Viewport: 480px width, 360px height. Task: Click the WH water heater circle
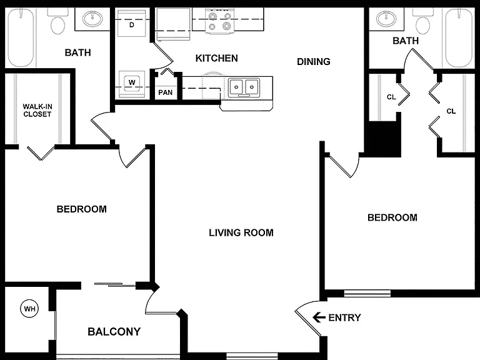30,309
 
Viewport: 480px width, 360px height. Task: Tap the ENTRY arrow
319,317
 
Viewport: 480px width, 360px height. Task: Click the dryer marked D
132,22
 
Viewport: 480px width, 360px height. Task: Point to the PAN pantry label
165,92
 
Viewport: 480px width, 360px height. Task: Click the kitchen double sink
244,87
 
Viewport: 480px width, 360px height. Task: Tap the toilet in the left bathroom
58,21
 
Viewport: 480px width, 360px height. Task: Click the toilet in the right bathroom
422,21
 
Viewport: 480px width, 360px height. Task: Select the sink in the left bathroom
92,19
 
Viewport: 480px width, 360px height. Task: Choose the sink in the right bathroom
387,19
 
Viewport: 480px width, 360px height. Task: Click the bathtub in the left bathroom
21,37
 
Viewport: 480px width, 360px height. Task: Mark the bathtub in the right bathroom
459,37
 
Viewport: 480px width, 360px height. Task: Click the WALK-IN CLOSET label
37,111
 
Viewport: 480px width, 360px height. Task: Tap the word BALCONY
114,331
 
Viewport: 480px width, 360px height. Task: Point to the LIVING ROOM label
241,232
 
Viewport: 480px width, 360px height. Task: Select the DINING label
314,61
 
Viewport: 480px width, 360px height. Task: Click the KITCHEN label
216,58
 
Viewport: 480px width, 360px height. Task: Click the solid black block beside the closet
382,139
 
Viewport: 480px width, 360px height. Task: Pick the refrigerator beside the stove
173,24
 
